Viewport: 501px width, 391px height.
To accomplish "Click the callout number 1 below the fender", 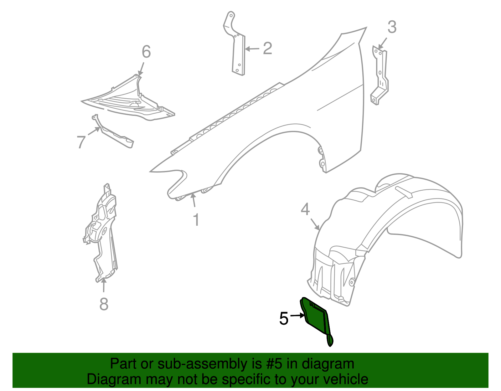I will click(196, 220).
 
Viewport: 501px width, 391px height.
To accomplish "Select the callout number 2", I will click(267, 49).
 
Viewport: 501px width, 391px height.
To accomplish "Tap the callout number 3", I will click(392, 27).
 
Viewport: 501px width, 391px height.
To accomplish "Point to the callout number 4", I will click(305, 209).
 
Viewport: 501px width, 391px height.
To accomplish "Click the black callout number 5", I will click(283, 319).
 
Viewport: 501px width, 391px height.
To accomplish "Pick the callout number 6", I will click(146, 52).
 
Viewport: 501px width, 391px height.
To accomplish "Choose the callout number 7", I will click(81, 142).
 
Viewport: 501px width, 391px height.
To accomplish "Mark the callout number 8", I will click(104, 304).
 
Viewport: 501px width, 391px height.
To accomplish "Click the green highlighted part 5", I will click(316, 319).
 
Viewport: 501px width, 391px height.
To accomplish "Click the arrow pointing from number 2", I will click(252, 49).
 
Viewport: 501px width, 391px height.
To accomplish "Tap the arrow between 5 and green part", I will click(297, 316).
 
